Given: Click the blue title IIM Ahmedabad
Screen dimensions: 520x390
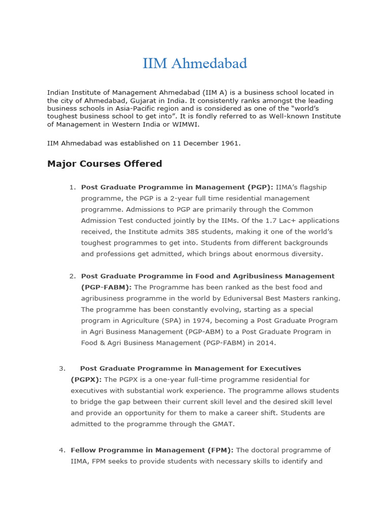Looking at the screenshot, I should (194, 63).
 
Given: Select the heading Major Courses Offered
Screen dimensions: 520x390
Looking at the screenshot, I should (105, 164).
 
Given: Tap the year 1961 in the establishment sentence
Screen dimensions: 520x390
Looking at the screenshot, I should (230, 143).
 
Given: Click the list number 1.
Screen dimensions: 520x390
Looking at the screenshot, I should (72, 187).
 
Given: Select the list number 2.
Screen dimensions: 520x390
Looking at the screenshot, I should (72, 276).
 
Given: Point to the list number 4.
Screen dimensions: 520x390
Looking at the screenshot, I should (61, 450).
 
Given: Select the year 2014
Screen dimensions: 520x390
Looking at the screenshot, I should (266, 343).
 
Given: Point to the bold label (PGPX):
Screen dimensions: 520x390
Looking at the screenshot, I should (86, 379).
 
